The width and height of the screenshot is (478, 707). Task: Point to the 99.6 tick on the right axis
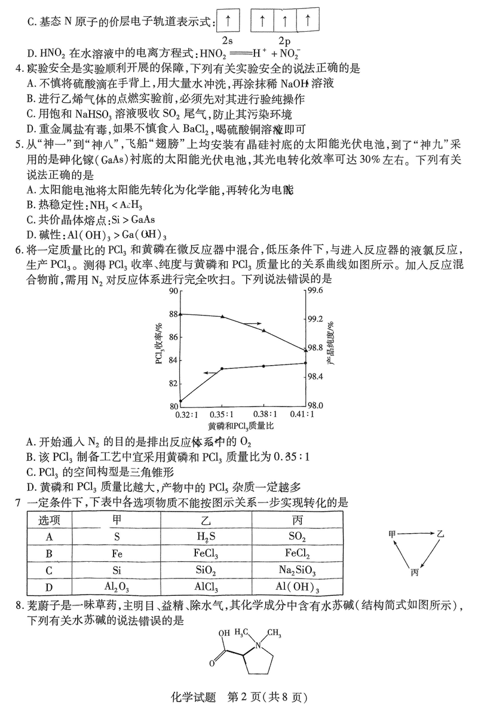click(x=315, y=291)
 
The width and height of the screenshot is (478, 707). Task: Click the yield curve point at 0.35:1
click(x=222, y=369)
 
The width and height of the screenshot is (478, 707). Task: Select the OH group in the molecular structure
click(x=225, y=633)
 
